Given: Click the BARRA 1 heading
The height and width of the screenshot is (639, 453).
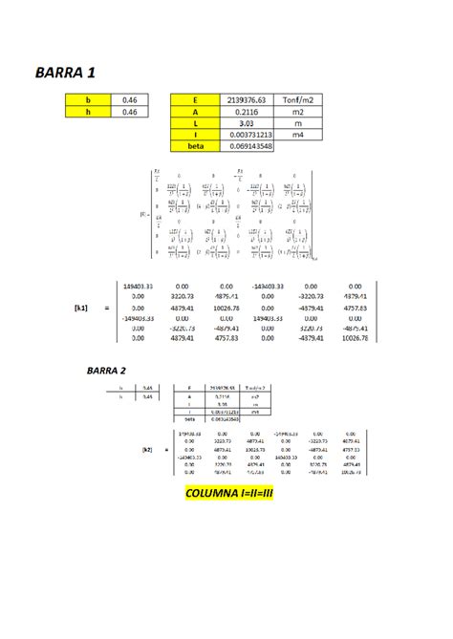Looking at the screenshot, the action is pyautogui.click(x=64, y=72).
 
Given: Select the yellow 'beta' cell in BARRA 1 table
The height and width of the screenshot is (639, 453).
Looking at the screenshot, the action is pyautogui.click(x=194, y=146).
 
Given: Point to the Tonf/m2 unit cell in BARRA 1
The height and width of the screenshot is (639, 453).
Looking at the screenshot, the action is pyautogui.click(x=294, y=99).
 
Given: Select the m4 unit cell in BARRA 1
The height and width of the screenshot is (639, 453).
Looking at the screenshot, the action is pyautogui.click(x=294, y=135).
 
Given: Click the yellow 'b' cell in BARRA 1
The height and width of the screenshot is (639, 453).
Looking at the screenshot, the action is pyautogui.click(x=89, y=99).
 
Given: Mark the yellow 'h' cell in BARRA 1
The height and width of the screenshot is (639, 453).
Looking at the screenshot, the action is pyautogui.click(x=89, y=111).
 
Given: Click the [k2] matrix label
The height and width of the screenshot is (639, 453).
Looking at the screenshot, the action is pyautogui.click(x=147, y=448).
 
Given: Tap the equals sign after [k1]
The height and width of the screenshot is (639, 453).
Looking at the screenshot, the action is pyautogui.click(x=107, y=308).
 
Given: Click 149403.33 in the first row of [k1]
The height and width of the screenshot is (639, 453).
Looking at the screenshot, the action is pyautogui.click(x=140, y=286).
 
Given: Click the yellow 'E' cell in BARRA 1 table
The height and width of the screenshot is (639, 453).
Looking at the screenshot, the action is pyautogui.click(x=194, y=99).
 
